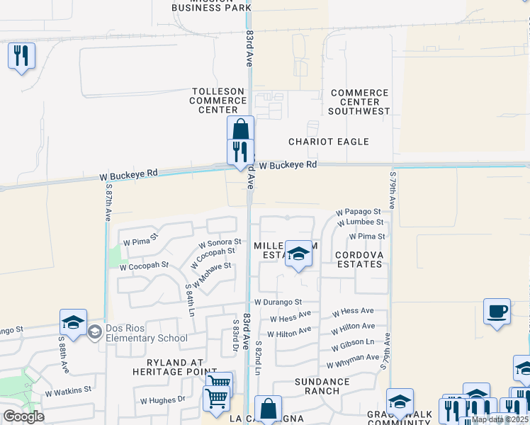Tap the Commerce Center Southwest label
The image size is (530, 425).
(360, 102)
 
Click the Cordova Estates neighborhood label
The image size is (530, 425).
(359, 259)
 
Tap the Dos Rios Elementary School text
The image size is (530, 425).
(146, 333)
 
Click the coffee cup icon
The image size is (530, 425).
(497, 312)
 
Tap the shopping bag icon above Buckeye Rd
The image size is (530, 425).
(241, 130)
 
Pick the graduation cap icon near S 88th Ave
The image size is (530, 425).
(73, 322)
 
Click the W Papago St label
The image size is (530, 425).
(358, 212)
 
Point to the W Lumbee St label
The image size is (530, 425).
(360, 222)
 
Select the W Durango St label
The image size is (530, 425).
(280, 302)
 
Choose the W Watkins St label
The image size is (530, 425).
(68, 390)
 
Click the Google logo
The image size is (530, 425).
(23, 416)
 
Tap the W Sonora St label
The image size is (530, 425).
(220, 243)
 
